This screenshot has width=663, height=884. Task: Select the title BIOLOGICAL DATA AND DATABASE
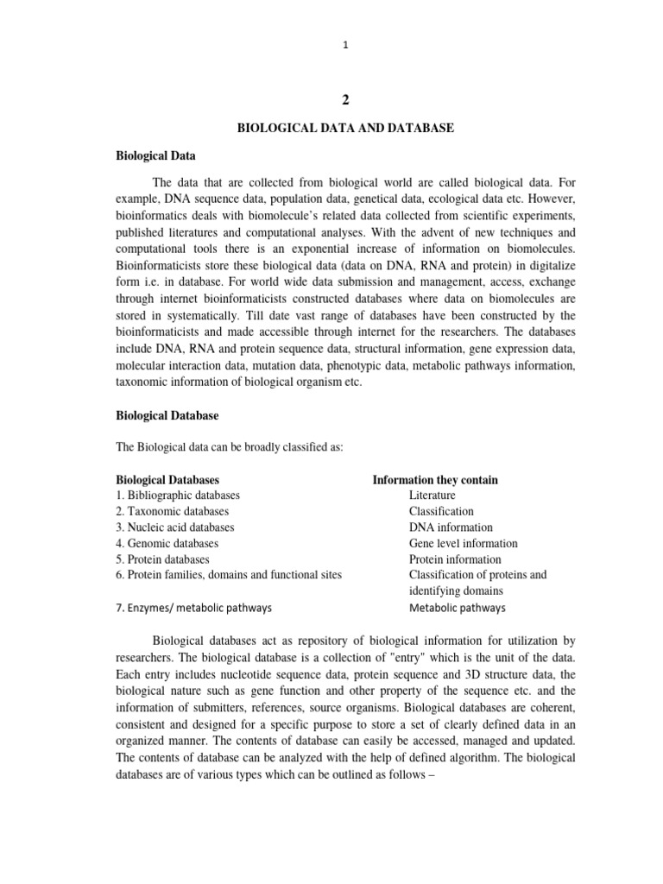coord(345,128)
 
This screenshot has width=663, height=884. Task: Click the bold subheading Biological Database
coord(167,415)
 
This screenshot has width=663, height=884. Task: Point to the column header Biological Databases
coord(167,479)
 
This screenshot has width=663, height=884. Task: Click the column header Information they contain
coord(434,479)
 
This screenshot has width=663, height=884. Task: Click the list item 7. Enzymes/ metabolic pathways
coord(194,607)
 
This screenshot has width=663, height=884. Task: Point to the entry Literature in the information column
coord(433,496)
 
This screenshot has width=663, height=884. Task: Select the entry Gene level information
coord(464,543)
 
